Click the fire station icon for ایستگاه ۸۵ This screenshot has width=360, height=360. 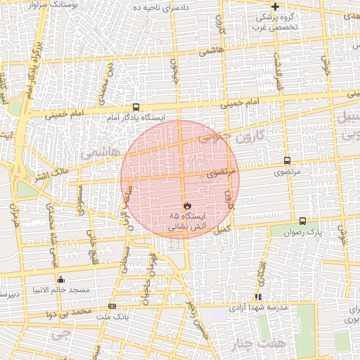[187, 205]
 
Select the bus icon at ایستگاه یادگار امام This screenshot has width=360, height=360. [135, 108]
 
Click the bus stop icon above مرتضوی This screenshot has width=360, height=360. [287, 160]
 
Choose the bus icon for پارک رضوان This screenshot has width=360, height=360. [302, 221]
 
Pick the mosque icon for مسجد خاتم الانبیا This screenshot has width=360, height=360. [60, 279]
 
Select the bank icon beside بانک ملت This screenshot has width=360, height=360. [112, 306]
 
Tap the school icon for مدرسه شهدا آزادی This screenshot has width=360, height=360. [257, 297]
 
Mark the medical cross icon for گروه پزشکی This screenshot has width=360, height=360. [275, 6]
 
